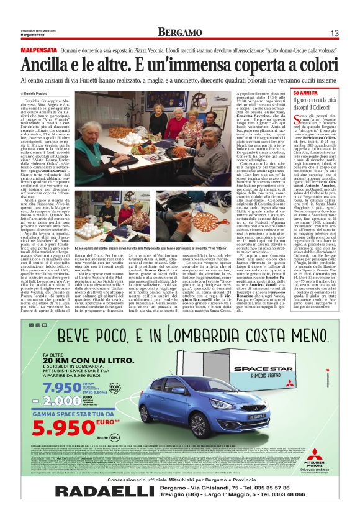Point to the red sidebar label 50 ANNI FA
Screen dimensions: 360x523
(304, 93)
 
